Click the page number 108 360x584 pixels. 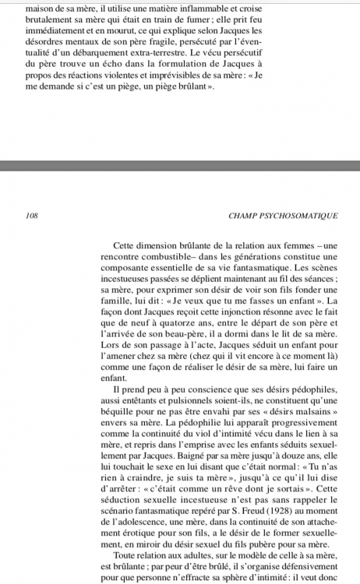click(x=32, y=211)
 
